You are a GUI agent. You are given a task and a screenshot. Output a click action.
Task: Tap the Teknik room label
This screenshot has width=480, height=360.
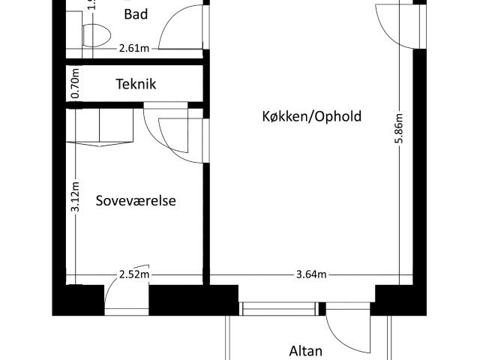(x=136, y=84)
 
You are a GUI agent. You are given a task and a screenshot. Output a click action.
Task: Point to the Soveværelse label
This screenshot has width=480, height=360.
(x=136, y=200)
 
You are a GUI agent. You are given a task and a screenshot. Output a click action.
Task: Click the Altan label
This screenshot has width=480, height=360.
(x=305, y=350)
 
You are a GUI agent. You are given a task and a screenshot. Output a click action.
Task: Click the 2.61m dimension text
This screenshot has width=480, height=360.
(x=133, y=49)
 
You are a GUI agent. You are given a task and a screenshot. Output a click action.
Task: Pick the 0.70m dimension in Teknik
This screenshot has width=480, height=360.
(x=75, y=85)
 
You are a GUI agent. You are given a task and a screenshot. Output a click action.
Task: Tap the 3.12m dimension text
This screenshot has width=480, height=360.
(x=75, y=196)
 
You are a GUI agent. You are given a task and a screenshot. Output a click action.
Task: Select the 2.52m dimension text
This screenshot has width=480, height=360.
(x=134, y=274)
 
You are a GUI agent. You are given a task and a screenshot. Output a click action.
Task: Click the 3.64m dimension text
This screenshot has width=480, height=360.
(x=310, y=274)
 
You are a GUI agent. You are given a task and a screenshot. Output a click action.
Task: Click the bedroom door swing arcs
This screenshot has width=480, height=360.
(x=178, y=135)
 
